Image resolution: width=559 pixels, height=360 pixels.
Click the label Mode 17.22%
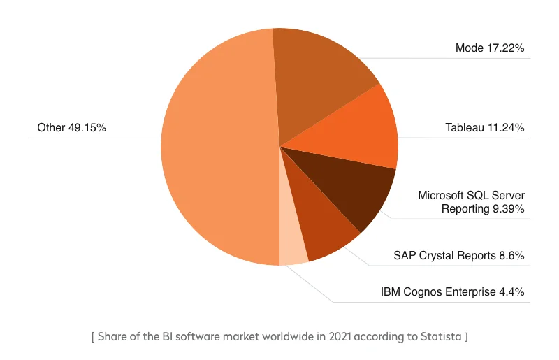click(x=489, y=48)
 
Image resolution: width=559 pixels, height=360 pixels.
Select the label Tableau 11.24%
click(x=484, y=128)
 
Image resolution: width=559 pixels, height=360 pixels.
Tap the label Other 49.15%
click(x=71, y=128)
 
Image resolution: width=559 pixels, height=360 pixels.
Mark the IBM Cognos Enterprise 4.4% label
click(x=452, y=291)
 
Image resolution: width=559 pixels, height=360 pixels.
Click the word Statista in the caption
click(x=440, y=337)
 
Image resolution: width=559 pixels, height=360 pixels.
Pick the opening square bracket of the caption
click(x=93, y=337)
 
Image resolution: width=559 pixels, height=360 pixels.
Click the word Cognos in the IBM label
click(x=423, y=291)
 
